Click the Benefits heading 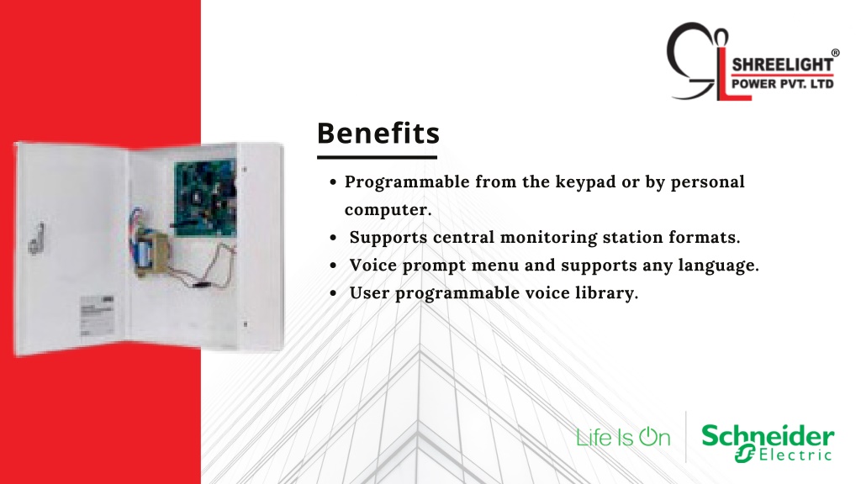(378, 133)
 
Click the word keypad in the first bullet (585, 182)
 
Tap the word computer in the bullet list (388, 209)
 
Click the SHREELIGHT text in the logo (783, 64)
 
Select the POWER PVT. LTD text (783, 84)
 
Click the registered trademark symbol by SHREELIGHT (835, 53)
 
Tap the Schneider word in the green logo (768, 436)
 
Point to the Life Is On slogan (623, 437)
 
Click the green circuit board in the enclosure (205, 198)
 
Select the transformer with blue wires (150, 252)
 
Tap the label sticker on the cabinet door (98, 316)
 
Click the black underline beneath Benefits (377, 157)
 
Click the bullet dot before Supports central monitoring (333, 238)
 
